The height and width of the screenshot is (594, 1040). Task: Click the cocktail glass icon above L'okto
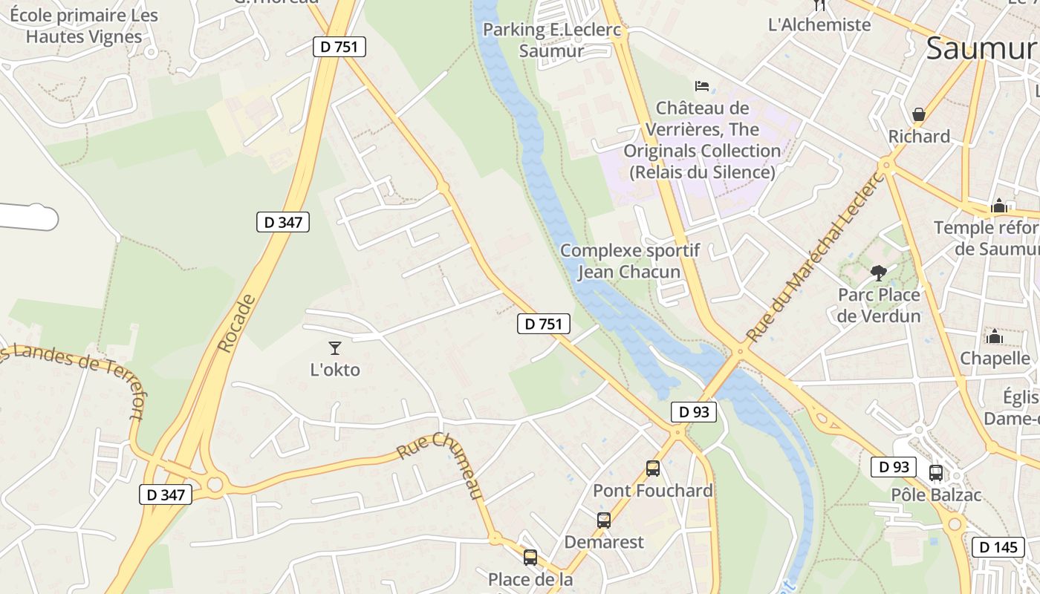[335, 347]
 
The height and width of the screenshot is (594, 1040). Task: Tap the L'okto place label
[335, 369]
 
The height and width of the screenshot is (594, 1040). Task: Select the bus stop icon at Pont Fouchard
[653, 469]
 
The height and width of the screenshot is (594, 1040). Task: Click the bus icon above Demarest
[604, 520]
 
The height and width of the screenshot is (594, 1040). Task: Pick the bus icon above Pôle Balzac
[936, 473]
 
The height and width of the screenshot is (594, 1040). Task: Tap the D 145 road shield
[998, 547]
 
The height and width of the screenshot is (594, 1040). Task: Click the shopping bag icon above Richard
[919, 114]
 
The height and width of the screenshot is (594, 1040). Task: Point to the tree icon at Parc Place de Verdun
[879, 272]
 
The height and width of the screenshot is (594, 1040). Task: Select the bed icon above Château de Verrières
[702, 86]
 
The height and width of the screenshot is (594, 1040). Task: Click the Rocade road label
[237, 322]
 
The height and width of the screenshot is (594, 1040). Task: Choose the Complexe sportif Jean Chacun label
[629, 261]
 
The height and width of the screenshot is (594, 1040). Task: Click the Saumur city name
[981, 48]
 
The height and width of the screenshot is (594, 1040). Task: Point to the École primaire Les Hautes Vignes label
[84, 26]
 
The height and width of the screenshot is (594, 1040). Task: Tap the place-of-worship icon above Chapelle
[995, 336]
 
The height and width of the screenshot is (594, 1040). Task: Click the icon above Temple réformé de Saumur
[999, 206]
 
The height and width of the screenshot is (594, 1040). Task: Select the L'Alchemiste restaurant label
[819, 25]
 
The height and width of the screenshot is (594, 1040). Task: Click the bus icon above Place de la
[530, 557]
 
